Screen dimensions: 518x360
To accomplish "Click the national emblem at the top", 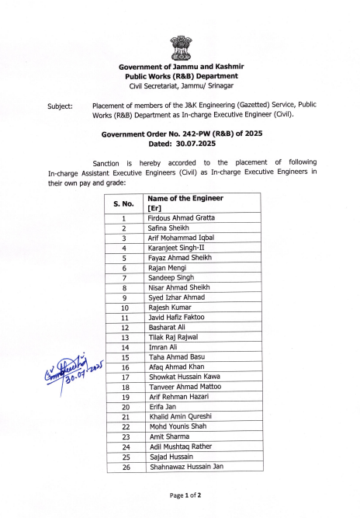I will click(x=181, y=47).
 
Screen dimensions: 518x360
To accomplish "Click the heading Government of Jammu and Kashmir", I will click(x=181, y=68).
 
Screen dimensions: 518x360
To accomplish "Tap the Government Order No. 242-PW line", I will click(x=180, y=134).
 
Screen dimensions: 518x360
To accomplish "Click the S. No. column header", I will click(x=124, y=203).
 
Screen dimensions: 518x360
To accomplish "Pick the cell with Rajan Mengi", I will click(x=169, y=268).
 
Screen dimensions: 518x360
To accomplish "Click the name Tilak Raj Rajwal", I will click(x=175, y=337).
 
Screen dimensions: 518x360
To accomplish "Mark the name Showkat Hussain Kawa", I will click(x=184, y=377).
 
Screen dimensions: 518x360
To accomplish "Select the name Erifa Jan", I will click(x=163, y=407).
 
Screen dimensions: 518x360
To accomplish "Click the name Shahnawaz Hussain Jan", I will click(x=186, y=467).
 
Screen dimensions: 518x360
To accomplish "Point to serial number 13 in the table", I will click(x=124, y=337).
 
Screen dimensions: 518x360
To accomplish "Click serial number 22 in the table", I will click(x=125, y=427).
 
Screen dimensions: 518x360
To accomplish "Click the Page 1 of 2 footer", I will click(x=180, y=495).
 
